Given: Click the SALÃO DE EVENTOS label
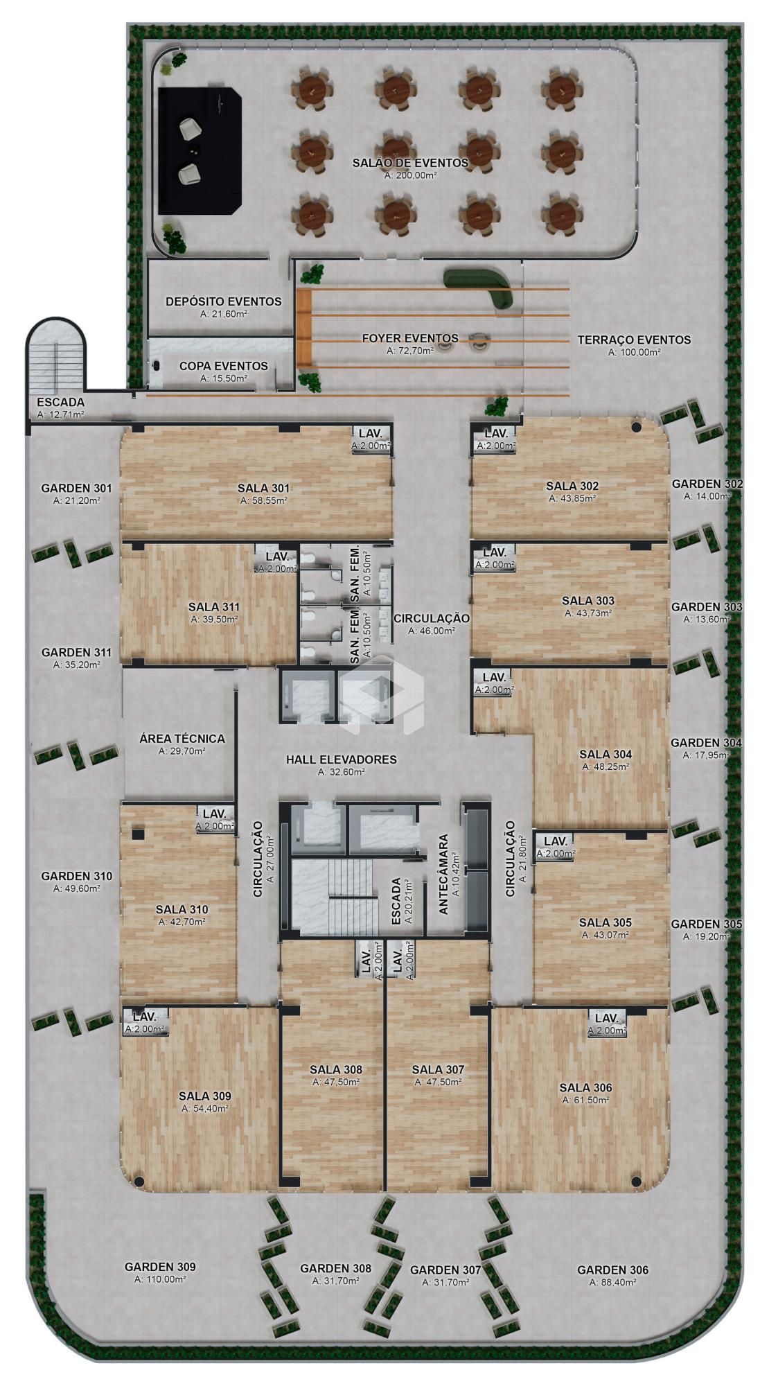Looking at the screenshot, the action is click(x=410, y=163).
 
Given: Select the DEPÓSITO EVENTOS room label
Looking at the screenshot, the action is click(x=224, y=301).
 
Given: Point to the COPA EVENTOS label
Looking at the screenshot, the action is click(x=223, y=366).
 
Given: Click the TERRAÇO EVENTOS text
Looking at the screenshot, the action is click(x=634, y=340).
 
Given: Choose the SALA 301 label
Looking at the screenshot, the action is click(x=263, y=488).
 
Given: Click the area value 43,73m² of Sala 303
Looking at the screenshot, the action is click(x=588, y=613).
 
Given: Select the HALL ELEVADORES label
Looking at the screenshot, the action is click(x=342, y=760).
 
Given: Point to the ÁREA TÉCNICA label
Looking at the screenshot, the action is click(x=182, y=739).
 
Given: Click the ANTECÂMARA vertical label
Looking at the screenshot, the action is click(x=444, y=875).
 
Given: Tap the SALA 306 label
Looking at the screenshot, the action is click(x=585, y=1087).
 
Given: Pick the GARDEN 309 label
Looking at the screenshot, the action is click(x=160, y=1266).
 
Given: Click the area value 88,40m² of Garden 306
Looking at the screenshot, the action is click(x=613, y=1282).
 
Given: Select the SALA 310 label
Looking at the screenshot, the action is click(x=182, y=909).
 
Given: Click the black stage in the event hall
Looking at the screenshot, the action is click(x=200, y=150).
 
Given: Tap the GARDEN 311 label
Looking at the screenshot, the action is click(x=76, y=652).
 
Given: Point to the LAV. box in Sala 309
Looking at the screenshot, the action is click(x=145, y=1022).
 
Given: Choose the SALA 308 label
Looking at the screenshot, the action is click(x=336, y=1069).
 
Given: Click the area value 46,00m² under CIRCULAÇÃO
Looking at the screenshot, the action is click(x=432, y=631).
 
